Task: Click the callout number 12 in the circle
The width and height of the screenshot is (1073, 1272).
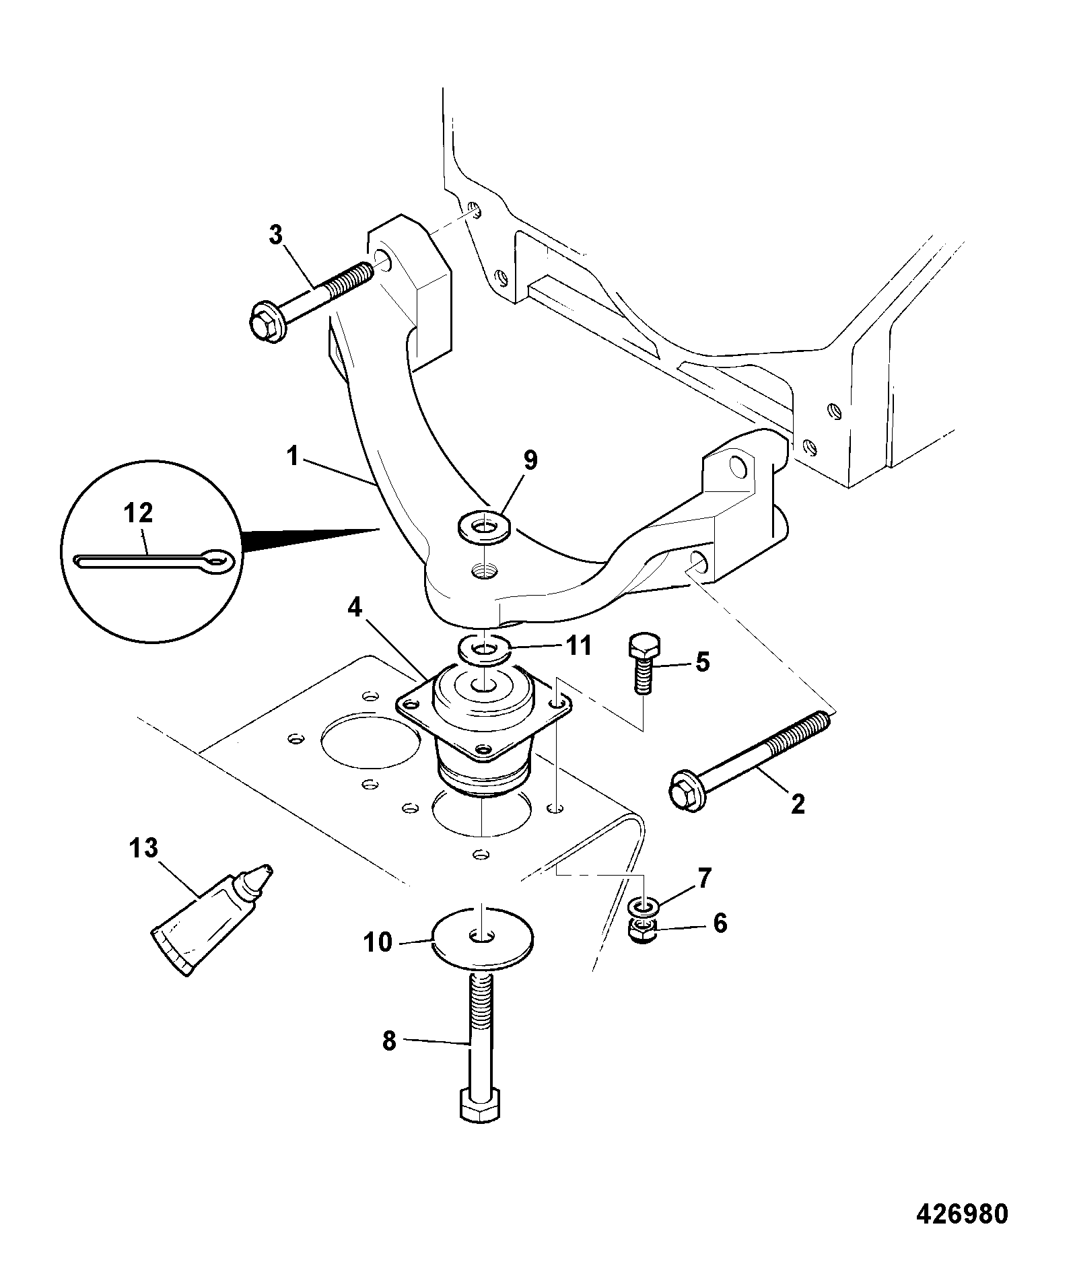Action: click(138, 514)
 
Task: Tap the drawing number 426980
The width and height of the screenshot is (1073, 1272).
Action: click(962, 1213)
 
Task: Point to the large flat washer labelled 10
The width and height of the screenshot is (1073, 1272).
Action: click(483, 937)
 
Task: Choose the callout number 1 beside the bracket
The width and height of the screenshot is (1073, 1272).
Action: click(291, 457)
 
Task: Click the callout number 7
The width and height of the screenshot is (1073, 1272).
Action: click(703, 878)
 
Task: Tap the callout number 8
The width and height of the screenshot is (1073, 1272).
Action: click(389, 1041)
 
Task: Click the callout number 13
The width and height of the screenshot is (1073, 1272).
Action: click(143, 848)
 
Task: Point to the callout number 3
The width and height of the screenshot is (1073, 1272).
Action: click(276, 235)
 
